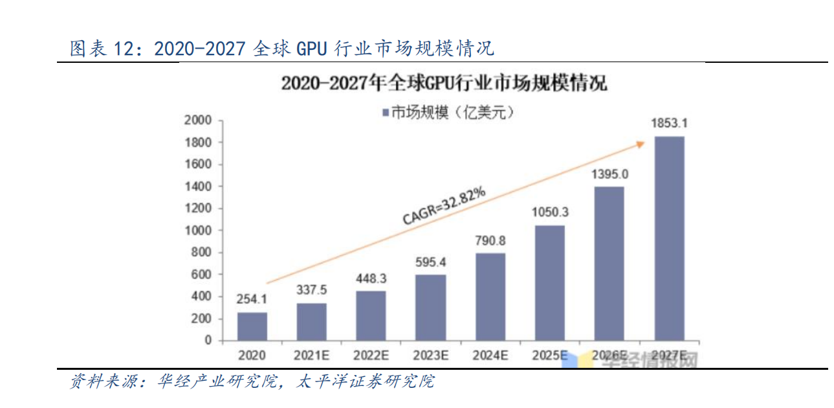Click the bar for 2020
[252, 326]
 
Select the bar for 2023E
[430, 307]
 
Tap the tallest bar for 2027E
[669, 238]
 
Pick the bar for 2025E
[549, 282]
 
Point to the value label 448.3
[371, 278]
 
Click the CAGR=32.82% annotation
[443, 206]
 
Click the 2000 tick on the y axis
[198, 120]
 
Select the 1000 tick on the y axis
[198, 230]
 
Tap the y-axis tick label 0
[208, 340]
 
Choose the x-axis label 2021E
[311, 355]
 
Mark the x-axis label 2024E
[490, 355]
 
